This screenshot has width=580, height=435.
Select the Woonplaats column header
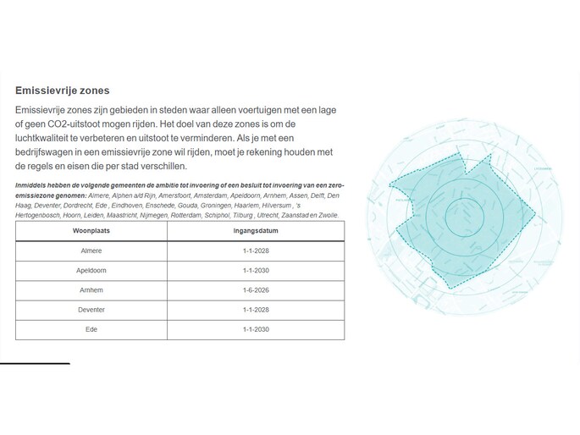coord(91,231)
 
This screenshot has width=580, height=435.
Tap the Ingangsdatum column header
coord(256,231)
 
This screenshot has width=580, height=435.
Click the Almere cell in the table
coord(91,251)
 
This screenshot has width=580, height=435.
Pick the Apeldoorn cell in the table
coord(91,271)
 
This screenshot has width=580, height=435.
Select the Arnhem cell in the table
coord(91,290)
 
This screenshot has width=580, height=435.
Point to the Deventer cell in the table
coord(91,311)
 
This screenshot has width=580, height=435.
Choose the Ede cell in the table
coord(91,330)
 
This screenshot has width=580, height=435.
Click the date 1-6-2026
coord(256,290)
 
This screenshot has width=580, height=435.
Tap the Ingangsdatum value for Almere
coord(256,251)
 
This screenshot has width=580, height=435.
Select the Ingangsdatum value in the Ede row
coord(256,330)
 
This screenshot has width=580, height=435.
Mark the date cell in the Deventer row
coord(256,311)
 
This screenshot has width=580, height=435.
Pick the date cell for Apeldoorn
coord(256,271)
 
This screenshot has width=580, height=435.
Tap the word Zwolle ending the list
coord(326,216)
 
